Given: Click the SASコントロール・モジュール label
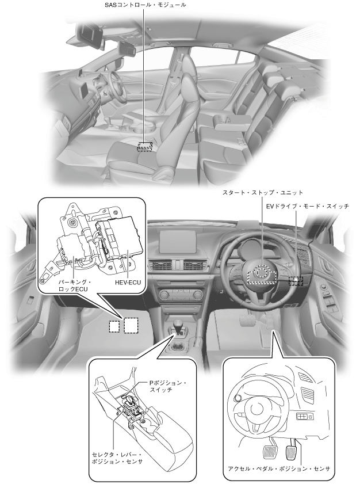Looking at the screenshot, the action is [x=144, y=5].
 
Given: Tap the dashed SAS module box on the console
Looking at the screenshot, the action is [x=145, y=147].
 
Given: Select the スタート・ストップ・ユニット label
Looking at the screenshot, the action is [x=263, y=193].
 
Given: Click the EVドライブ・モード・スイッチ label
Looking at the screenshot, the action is [x=308, y=206].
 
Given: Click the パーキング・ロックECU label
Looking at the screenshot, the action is [x=74, y=285].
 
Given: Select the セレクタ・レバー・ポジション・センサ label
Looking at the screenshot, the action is [x=117, y=458].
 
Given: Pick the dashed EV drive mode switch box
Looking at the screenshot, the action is [x=296, y=281].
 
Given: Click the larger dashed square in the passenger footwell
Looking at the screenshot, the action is [x=131, y=325].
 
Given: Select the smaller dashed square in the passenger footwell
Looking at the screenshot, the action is [x=114, y=326].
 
